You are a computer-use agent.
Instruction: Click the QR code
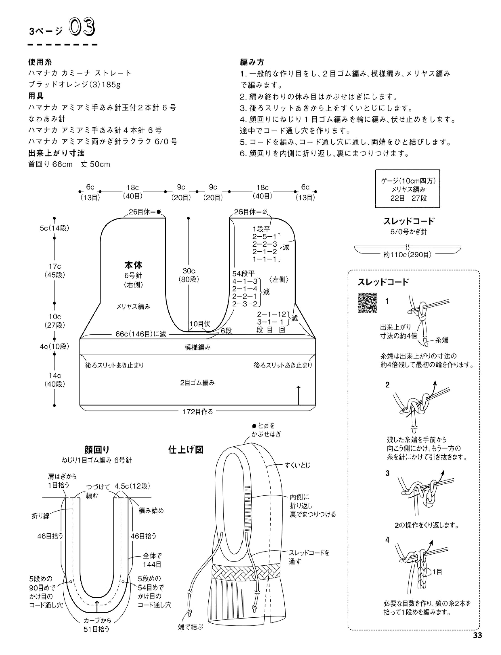point(367,303)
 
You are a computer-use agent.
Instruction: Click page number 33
point(477,643)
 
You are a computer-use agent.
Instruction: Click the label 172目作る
point(198,412)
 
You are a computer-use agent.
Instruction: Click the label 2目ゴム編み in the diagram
point(198,383)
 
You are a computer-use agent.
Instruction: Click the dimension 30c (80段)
point(189,275)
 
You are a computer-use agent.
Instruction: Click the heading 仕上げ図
point(186,450)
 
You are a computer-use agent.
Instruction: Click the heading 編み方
point(252,62)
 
